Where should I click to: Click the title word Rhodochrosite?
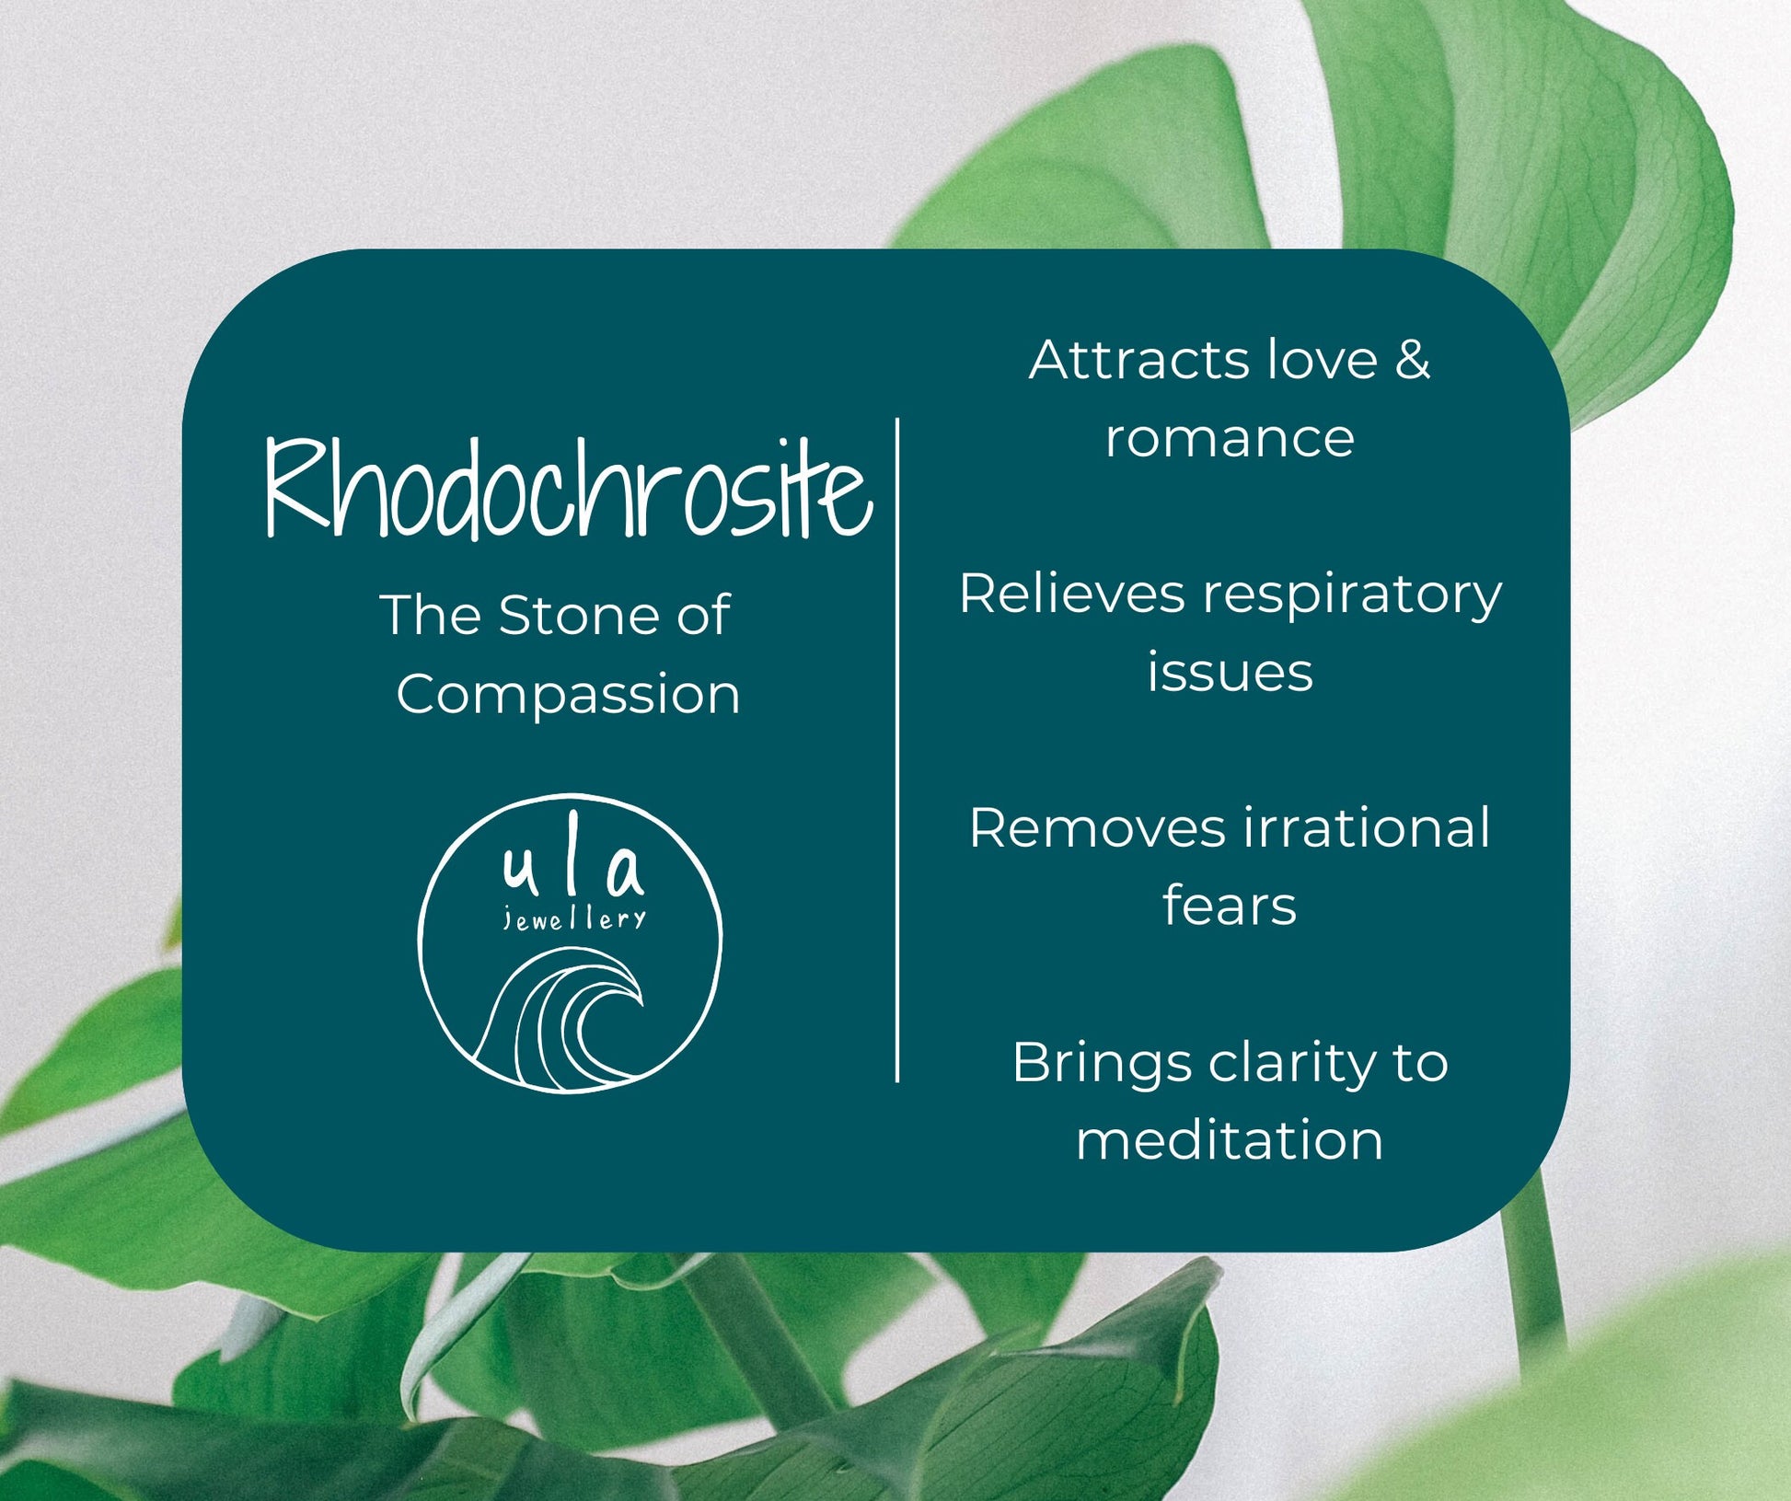pos(568,488)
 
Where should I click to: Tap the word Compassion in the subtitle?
pos(569,695)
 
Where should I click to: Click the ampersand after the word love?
pos(1412,359)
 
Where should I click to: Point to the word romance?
pos(1230,438)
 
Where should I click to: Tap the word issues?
pos(1230,672)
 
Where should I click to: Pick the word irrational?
pos(1368,827)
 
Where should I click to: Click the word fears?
pos(1230,906)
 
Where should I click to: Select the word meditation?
pos(1230,1140)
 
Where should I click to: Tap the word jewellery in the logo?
pos(574,919)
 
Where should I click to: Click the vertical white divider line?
pos(897,750)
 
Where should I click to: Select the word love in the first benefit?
pos(1322,359)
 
